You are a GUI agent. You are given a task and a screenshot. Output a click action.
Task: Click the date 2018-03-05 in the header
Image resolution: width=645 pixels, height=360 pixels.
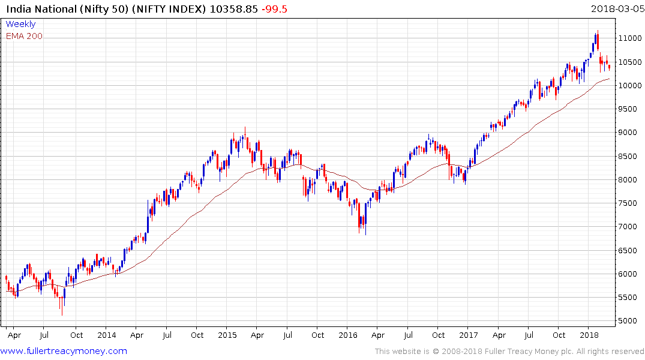(616, 8)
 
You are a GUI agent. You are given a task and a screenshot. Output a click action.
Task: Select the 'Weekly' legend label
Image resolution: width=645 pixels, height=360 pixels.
(20, 24)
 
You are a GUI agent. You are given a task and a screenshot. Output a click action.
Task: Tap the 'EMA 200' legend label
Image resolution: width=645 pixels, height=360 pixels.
(24, 36)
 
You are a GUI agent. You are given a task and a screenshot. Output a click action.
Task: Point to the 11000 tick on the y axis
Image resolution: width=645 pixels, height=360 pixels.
(631, 38)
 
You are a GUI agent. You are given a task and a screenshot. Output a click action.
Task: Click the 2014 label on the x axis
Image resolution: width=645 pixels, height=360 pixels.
(106, 335)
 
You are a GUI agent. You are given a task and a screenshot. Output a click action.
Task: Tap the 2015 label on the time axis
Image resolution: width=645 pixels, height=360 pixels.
(227, 335)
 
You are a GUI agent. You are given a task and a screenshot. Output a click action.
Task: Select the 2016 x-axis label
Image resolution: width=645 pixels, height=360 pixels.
(348, 335)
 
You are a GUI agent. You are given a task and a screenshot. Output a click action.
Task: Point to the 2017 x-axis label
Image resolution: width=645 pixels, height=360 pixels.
(469, 335)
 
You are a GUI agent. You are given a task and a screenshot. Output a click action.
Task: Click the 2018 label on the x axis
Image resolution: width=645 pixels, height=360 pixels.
(589, 335)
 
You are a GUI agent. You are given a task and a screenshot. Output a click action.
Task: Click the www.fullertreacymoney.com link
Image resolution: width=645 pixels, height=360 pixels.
(64, 351)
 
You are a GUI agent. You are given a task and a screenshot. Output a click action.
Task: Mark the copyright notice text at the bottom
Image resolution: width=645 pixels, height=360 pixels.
(509, 351)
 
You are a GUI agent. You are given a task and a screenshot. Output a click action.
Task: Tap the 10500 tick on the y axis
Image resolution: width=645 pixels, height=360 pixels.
(631, 62)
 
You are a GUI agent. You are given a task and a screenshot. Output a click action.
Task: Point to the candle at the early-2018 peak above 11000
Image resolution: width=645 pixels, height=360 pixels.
(598, 39)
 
